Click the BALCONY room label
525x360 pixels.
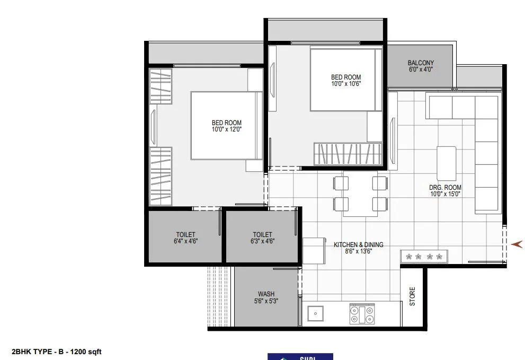tap(421, 63)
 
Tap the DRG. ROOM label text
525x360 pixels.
tap(445, 188)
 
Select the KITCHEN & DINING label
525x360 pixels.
tap(358, 245)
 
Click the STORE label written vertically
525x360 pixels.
tap(413, 296)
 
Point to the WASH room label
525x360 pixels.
tap(266, 294)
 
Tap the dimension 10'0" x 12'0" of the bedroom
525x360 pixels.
tap(226, 129)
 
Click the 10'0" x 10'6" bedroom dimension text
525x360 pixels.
tap(346, 84)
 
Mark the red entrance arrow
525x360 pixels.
tap(517, 244)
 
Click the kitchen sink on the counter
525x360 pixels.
tap(315, 313)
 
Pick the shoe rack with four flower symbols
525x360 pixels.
tap(424, 257)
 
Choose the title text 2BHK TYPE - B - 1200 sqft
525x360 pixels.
tap(57, 352)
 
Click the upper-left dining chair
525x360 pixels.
tap(341, 183)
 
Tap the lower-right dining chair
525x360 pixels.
tap(380, 204)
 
